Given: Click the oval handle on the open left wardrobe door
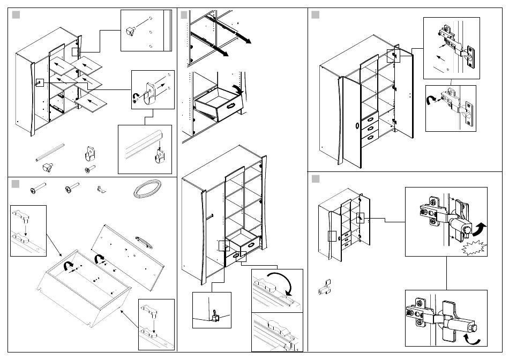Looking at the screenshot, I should (x=357, y=126).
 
